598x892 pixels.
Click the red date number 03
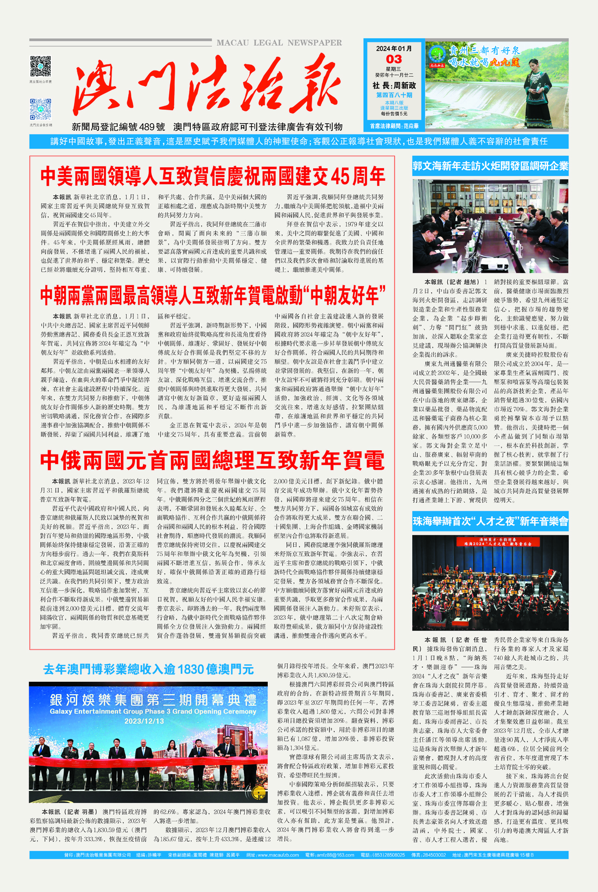pyautogui.click(x=393, y=59)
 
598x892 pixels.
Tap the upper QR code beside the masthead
pyautogui.click(x=41, y=67)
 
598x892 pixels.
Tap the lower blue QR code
pyautogui.click(x=41, y=109)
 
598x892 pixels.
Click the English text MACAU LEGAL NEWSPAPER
pyautogui.click(x=279, y=43)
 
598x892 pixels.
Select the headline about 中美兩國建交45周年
pyautogui.click(x=213, y=176)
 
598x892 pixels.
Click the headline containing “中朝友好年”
pyautogui.click(x=213, y=295)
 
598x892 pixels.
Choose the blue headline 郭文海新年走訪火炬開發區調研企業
pyautogui.click(x=490, y=166)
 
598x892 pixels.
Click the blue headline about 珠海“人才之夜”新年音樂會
pyautogui.click(x=490, y=521)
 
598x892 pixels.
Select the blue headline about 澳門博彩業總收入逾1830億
pyautogui.click(x=148, y=669)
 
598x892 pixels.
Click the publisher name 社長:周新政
pyautogui.click(x=394, y=86)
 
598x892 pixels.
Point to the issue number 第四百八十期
pyautogui.click(x=394, y=95)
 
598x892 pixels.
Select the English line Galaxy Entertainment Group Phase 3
pyautogui.click(x=152, y=711)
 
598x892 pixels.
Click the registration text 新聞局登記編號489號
pyautogui.click(x=118, y=127)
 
